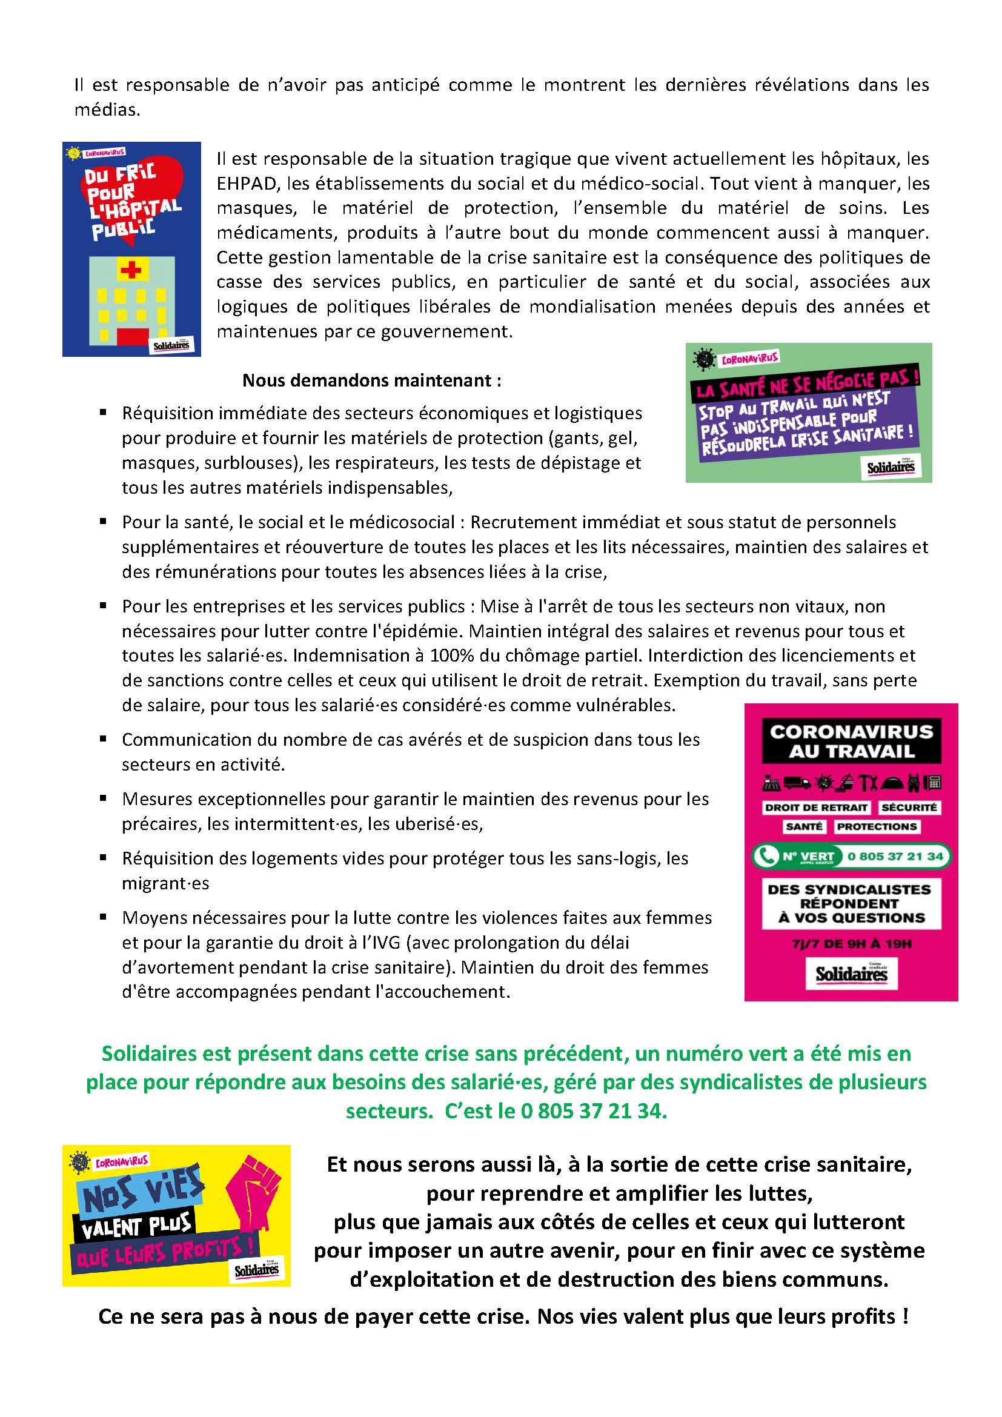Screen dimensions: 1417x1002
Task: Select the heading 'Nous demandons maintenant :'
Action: coord(371,380)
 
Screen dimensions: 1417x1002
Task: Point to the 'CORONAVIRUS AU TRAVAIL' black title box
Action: coord(851,741)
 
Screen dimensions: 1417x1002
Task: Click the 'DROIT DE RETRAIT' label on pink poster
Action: coord(815,807)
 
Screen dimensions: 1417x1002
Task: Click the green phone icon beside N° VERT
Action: coord(767,856)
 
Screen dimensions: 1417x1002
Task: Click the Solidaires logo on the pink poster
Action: coord(851,975)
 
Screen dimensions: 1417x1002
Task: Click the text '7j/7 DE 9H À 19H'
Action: coord(851,944)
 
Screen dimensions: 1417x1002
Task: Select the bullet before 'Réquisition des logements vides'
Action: coord(103,857)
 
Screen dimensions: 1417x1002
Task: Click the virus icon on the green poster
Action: coord(703,359)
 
